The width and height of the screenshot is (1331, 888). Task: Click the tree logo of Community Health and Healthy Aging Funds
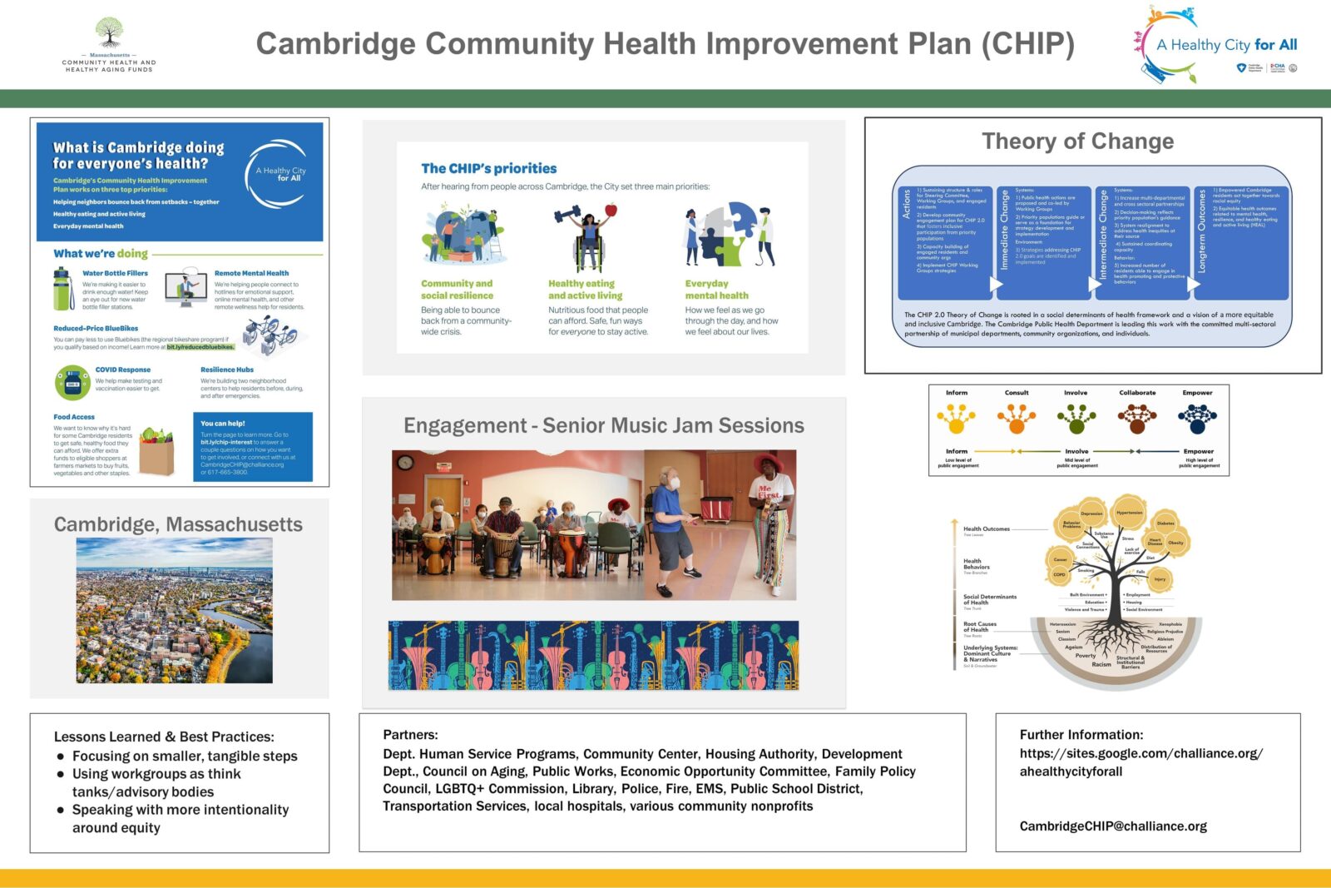click(x=109, y=33)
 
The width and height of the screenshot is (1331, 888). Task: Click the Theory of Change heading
click(x=1077, y=141)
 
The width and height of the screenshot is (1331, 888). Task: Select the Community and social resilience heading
click(x=457, y=290)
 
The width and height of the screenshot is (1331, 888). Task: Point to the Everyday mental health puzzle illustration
click(x=730, y=236)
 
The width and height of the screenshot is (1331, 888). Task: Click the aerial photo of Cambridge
click(x=175, y=610)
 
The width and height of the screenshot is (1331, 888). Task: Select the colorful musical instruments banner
click(x=593, y=655)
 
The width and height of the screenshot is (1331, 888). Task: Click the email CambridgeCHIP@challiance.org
click(x=1113, y=826)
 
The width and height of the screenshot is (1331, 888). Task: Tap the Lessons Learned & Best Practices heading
click(x=164, y=737)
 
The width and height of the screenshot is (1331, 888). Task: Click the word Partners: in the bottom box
click(x=410, y=735)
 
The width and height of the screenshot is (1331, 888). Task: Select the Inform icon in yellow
click(x=957, y=418)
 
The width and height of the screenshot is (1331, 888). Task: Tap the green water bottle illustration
click(x=63, y=289)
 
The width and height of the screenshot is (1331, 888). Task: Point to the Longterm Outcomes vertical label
click(x=1201, y=231)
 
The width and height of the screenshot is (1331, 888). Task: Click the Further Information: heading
click(x=1081, y=735)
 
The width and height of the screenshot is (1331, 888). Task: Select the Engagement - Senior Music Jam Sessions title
click(x=604, y=426)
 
